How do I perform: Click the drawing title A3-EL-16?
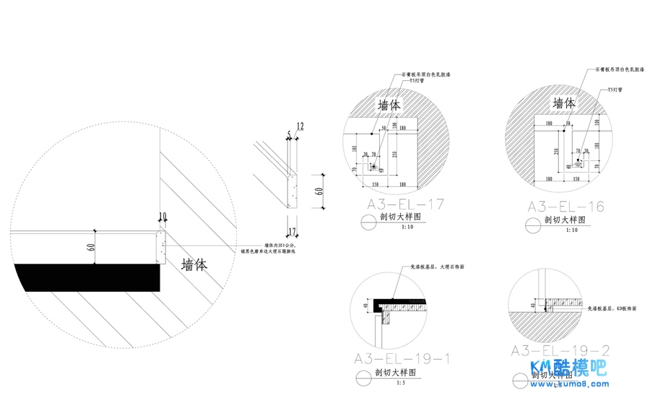pyautogui.click(x=565, y=207)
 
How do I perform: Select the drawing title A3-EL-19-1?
pyautogui.click(x=402, y=358)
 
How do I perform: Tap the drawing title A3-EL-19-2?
pyautogui.click(x=560, y=351)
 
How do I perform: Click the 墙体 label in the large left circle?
pyautogui.click(x=194, y=265)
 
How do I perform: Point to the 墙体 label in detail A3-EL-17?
pyautogui.click(x=389, y=105)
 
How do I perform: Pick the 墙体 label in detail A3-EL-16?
pyautogui.click(x=564, y=104)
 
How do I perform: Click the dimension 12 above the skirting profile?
pyautogui.click(x=300, y=126)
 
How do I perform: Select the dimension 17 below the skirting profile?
pyautogui.click(x=292, y=232)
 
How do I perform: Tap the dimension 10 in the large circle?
pyautogui.click(x=162, y=215)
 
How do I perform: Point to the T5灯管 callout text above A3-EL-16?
pyautogui.click(x=615, y=90)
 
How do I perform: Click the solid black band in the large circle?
pyautogui.click(x=87, y=276)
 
